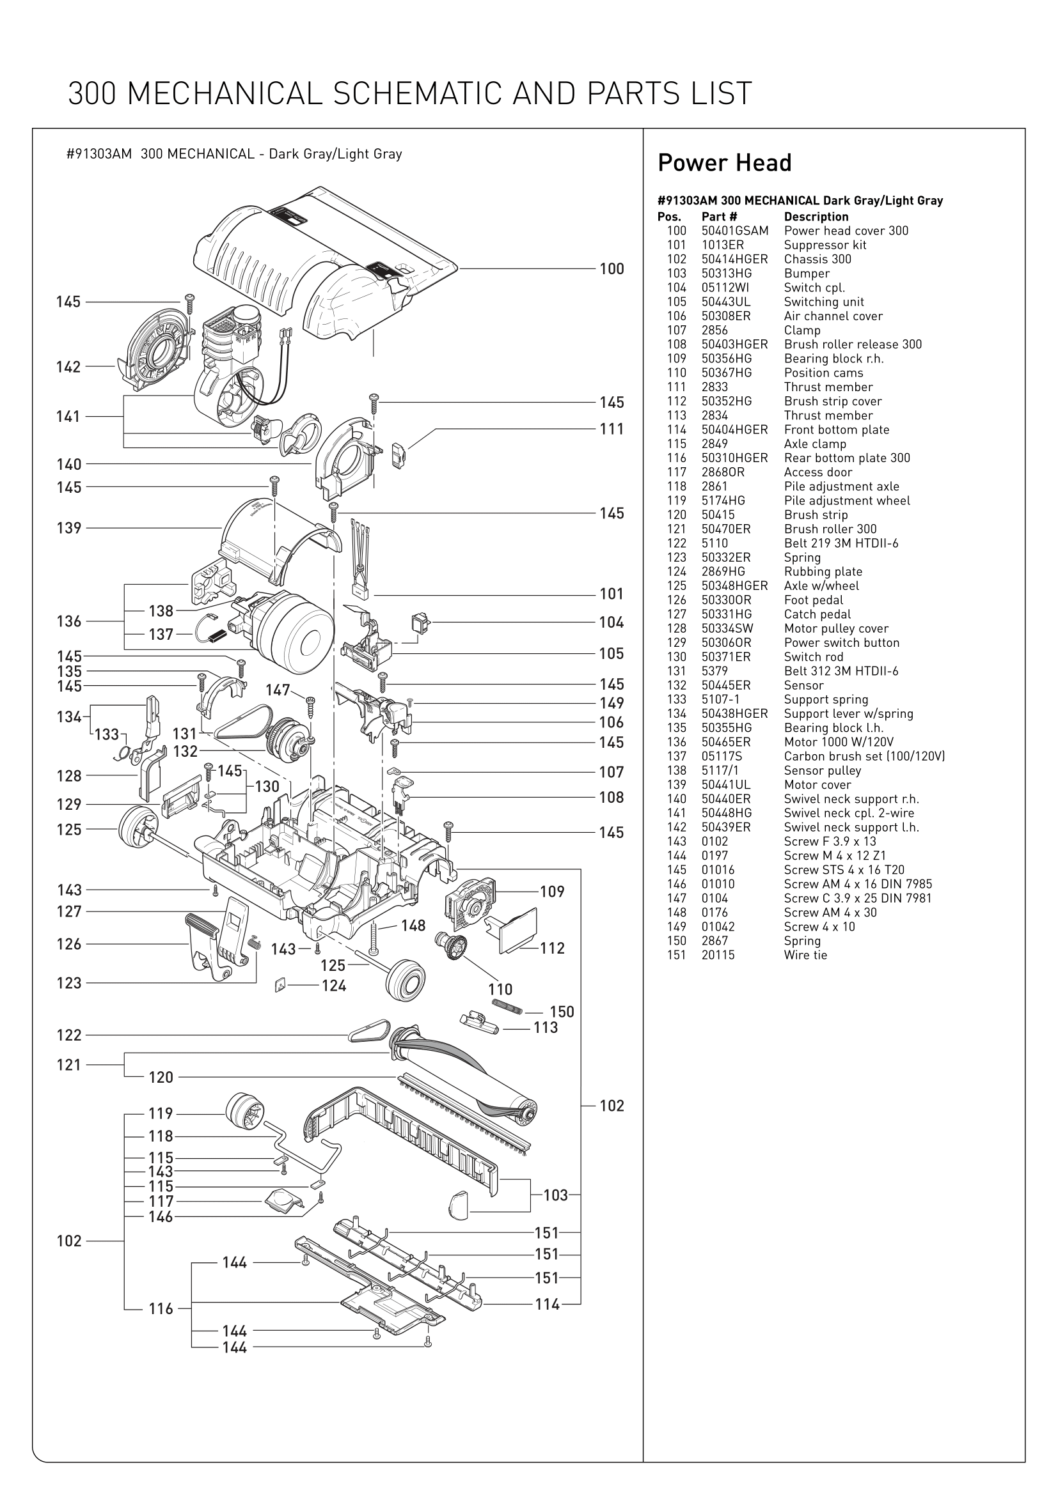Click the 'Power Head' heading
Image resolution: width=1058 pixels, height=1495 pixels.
(x=725, y=163)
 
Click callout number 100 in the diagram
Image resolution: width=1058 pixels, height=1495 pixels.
(x=612, y=269)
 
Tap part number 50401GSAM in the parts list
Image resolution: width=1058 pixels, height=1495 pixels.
(x=734, y=231)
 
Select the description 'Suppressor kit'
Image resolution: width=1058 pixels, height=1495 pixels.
(x=825, y=245)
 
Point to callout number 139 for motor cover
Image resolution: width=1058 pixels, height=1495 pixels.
(x=69, y=528)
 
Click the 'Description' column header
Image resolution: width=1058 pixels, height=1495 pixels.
(x=816, y=217)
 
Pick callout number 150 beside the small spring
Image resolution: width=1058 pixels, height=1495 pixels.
(x=562, y=1012)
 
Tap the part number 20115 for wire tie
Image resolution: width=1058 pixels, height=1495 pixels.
(x=717, y=955)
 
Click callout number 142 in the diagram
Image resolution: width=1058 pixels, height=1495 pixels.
(x=68, y=368)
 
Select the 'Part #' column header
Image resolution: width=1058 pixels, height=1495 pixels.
(x=718, y=217)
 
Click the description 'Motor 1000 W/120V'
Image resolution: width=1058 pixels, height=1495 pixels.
(x=839, y=742)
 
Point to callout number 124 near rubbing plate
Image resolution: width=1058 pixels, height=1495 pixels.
(x=333, y=986)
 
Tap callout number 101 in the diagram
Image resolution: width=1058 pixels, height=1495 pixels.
(x=612, y=594)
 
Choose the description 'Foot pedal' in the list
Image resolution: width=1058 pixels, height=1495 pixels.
(x=813, y=600)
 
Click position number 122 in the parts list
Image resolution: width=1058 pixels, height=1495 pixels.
(x=676, y=544)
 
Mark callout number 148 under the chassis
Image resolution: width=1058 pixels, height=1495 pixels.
(x=413, y=926)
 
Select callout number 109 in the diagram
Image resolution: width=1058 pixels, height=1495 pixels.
(x=552, y=892)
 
